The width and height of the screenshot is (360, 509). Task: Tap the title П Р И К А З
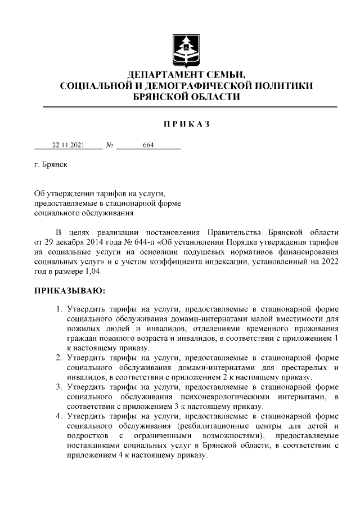pyautogui.click(x=186, y=124)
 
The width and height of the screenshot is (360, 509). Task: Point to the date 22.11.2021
pyautogui.click(x=68, y=145)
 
